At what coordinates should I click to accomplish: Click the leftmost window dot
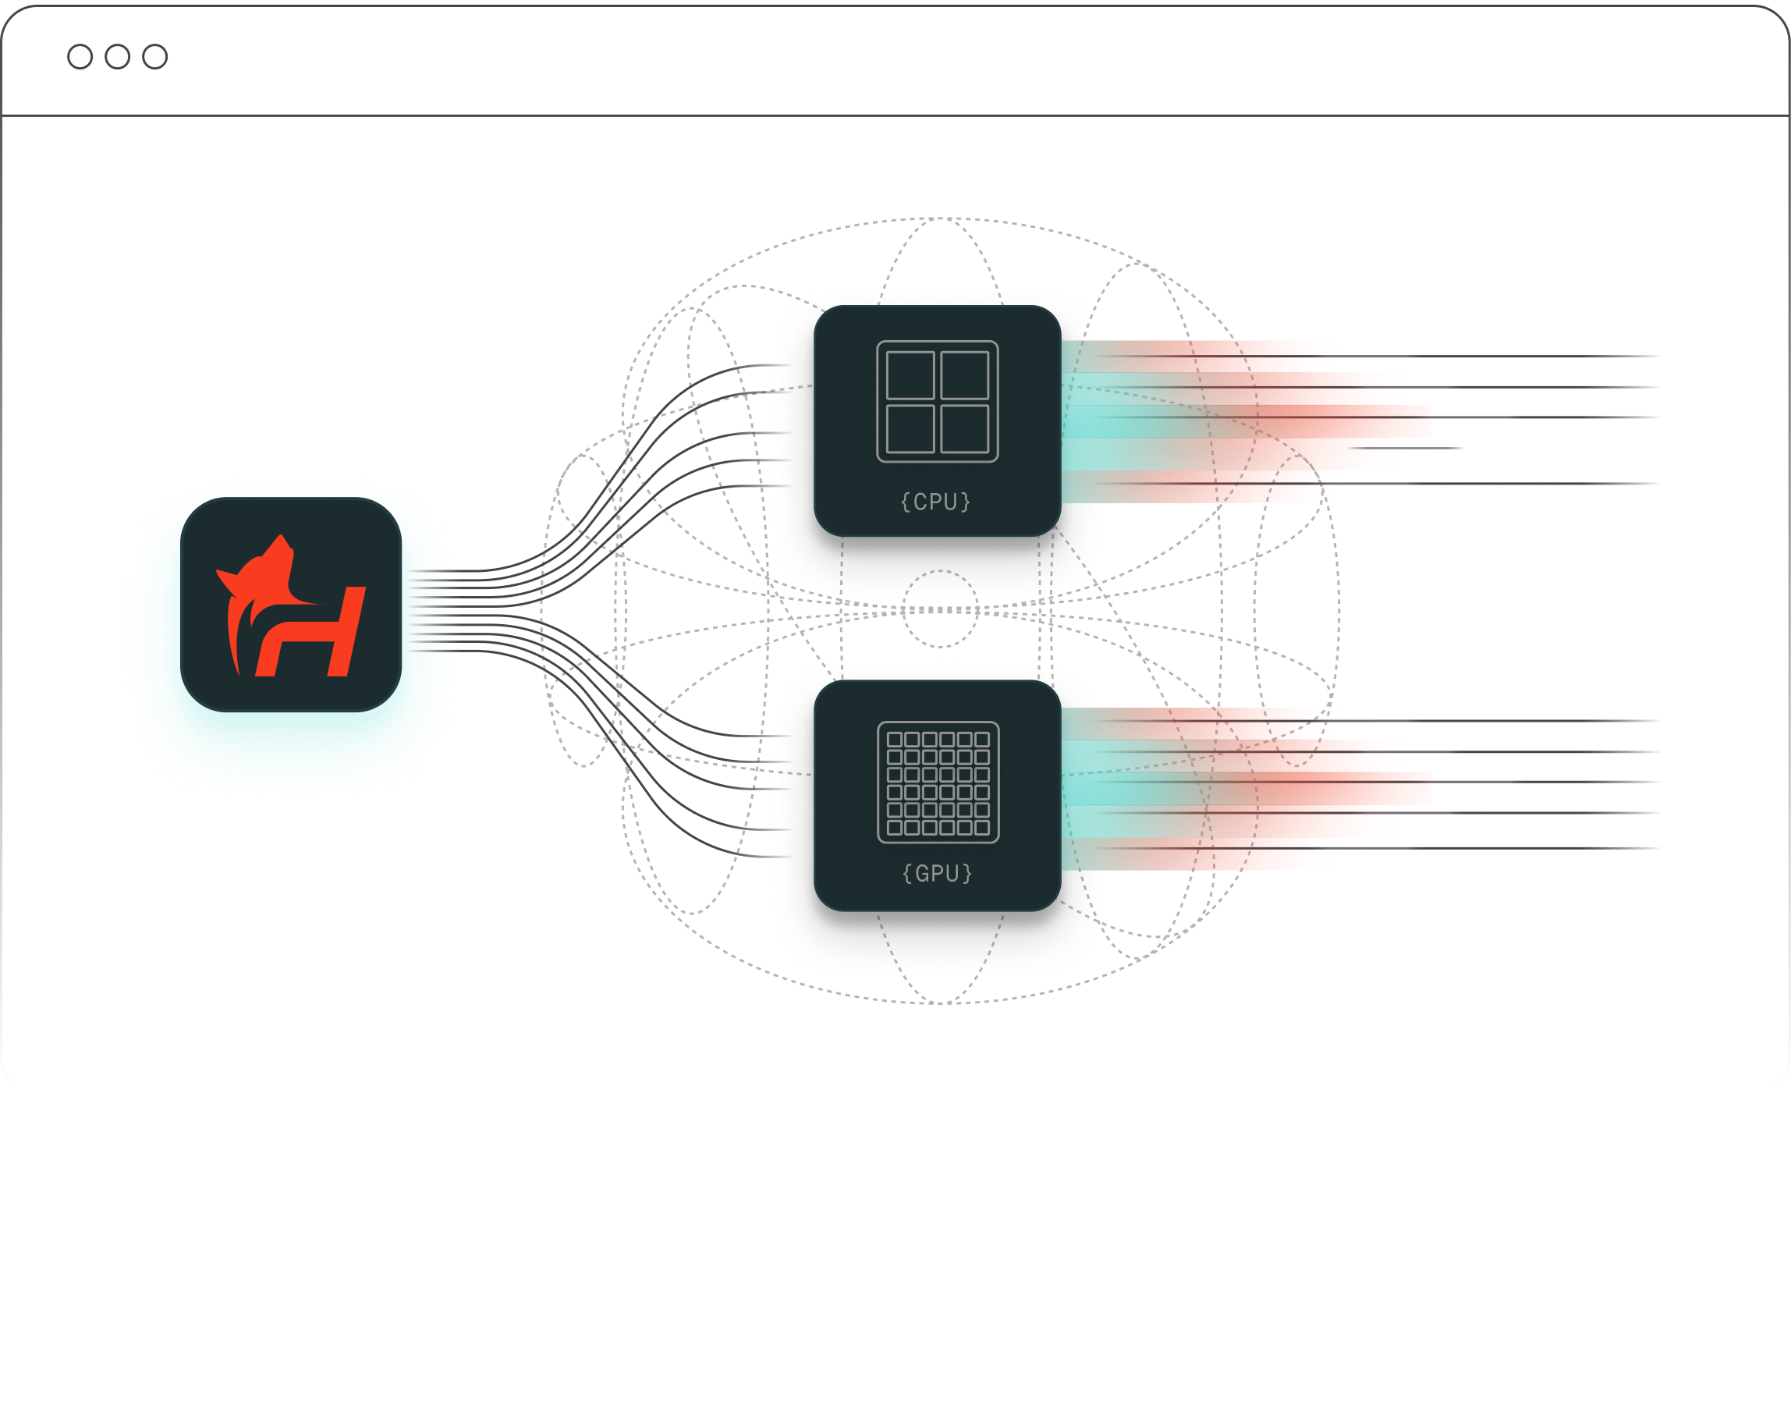click(80, 57)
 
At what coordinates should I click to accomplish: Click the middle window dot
click(117, 57)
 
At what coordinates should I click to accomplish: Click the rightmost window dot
click(155, 57)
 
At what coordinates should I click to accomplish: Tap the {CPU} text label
click(936, 502)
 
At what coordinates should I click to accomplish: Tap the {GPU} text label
click(938, 872)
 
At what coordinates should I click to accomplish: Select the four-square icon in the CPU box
click(938, 401)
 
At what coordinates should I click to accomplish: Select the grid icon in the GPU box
click(938, 783)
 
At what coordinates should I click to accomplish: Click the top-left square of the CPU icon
click(910, 375)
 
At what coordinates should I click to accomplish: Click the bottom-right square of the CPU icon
click(964, 428)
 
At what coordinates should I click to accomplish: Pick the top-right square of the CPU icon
click(964, 375)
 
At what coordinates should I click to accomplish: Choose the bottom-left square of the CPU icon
click(910, 428)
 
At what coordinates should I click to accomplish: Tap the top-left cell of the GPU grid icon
click(895, 740)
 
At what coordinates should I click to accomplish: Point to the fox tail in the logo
click(238, 641)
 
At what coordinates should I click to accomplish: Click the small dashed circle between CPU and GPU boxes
click(942, 609)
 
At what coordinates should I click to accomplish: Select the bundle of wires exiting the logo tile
click(431, 610)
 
